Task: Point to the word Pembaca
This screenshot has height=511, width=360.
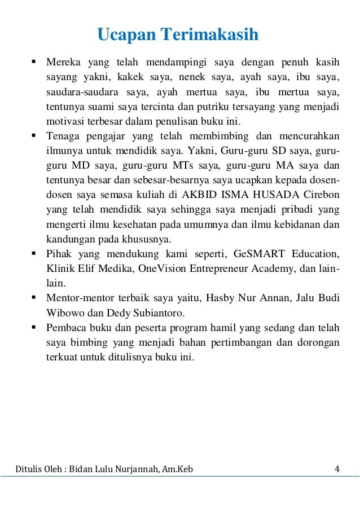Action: tap(66, 327)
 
